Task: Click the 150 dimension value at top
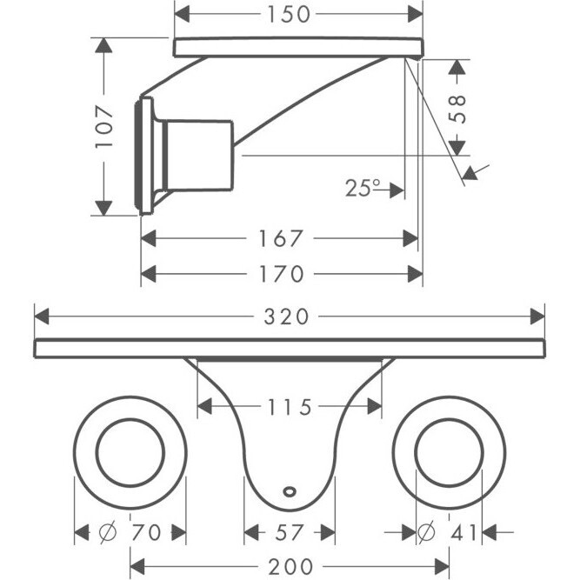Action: click(289, 15)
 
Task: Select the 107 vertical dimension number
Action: click(104, 126)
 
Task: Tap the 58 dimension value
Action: click(457, 109)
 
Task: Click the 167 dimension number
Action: click(281, 238)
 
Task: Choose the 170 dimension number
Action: click(281, 274)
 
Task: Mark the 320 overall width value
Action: click(286, 317)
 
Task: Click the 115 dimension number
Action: click(290, 407)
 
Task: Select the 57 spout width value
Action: click(289, 533)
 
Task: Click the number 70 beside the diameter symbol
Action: click(146, 533)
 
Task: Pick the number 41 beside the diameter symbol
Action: click(463, 533)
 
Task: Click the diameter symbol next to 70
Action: click(108, 532)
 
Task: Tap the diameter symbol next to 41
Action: click(426, 532)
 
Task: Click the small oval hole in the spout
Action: click(290, 491)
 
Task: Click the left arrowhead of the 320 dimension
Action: click(42, 317)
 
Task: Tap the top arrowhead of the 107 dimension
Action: click(103, 45)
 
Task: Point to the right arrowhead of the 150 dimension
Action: click(416, 15)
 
